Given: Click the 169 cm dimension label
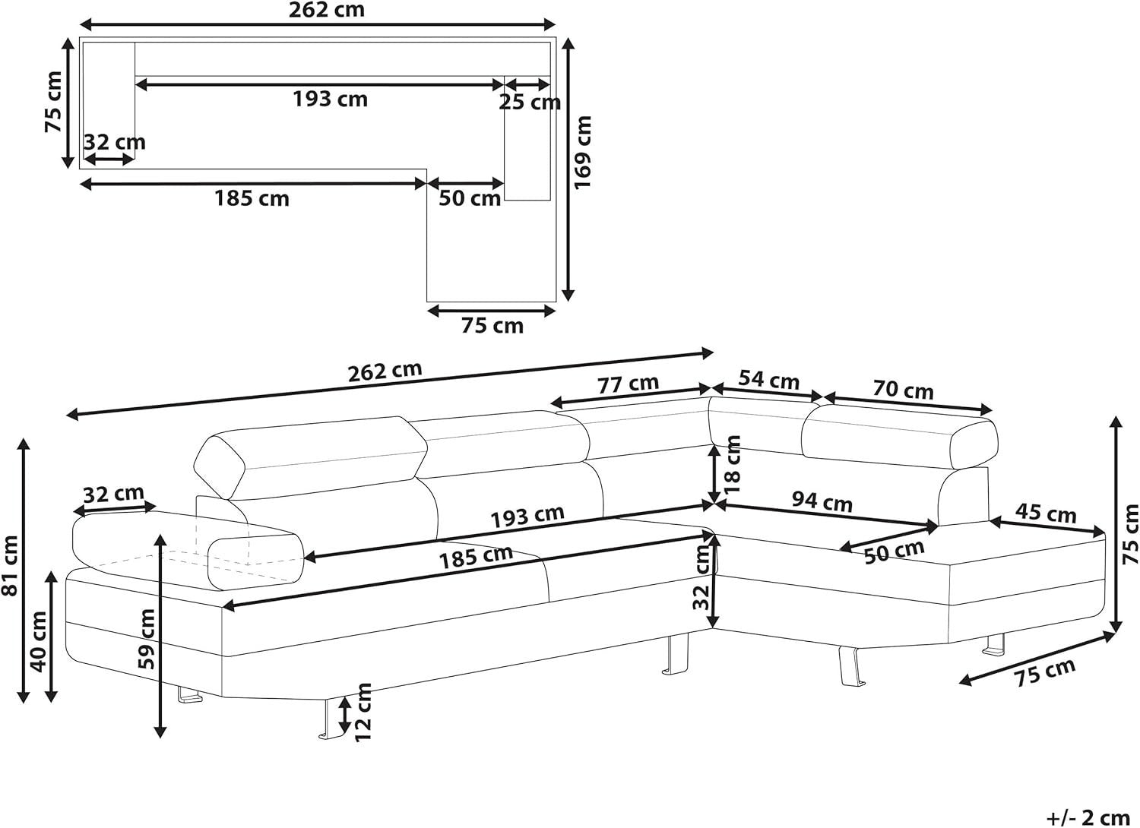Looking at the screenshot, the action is [583, 152].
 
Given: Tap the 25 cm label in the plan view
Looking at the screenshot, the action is [529, 103].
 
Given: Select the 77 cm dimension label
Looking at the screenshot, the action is [628, 384].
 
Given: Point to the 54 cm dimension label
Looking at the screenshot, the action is [769, 381].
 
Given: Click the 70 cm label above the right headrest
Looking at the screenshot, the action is [904, 390].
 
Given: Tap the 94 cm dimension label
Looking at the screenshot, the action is [822, 501].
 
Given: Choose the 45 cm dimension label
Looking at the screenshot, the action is [1046, 514].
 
